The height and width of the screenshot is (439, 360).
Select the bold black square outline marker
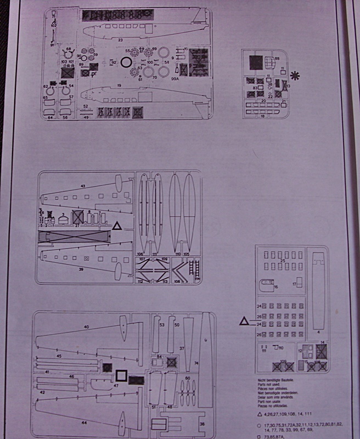pos(121,376)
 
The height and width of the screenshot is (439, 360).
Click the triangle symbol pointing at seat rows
pos(244,322)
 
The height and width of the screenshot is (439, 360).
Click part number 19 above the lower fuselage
pos(119,86)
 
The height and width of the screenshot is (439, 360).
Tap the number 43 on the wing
pos(83,188)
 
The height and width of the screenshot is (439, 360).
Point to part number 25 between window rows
pos(283,261)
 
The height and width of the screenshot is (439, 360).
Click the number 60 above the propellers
pos(188,379)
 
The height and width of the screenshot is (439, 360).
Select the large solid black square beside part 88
pos(256,62)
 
